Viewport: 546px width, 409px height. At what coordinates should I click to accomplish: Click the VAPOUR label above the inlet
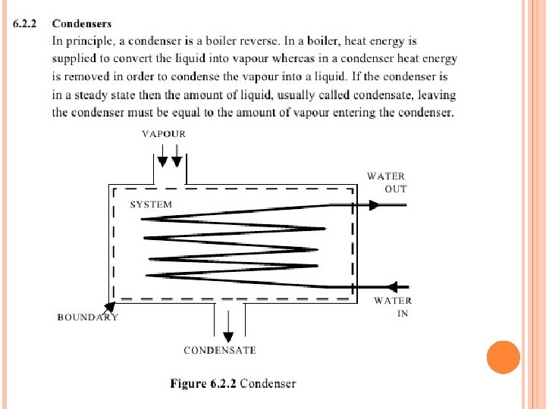tap(164, 134)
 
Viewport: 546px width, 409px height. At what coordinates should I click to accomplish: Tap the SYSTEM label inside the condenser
tap(151, 204)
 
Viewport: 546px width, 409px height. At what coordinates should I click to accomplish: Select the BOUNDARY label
tap(87, 317)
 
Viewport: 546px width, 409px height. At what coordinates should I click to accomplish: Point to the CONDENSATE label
tap(220, 350)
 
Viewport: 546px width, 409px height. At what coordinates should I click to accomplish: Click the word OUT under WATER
tap(396, 189)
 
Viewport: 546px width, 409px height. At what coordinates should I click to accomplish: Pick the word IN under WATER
tap(403, 314)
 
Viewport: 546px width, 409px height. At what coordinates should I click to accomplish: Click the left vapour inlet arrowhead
tap(162, 162)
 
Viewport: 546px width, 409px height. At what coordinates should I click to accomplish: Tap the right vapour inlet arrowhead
tap(177, 162)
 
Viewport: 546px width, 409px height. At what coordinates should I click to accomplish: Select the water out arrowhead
tap(374, 205)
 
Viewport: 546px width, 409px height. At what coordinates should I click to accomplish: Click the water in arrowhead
tap(392, 287)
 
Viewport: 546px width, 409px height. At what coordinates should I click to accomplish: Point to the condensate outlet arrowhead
tap(228, 337)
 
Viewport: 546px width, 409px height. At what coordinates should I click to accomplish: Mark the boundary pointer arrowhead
tap(110, 307)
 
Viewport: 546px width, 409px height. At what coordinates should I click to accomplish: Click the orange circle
tap(504, 357)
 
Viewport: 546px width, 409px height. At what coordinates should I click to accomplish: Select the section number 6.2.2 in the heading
tap(24, 23)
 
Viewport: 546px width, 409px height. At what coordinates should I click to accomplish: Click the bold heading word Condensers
tap(82, 23)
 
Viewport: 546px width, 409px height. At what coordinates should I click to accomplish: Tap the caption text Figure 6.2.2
tap(203, 383)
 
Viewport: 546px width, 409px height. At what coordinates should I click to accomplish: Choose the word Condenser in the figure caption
tap(268, 383)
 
